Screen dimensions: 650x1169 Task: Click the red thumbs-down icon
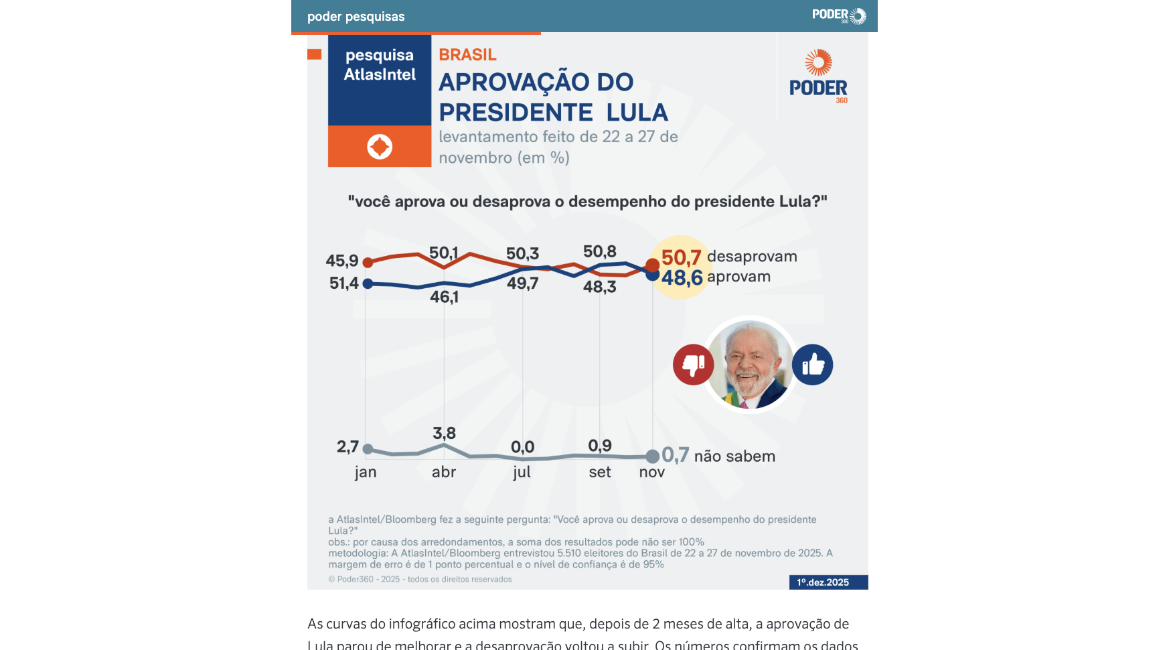point(693,365)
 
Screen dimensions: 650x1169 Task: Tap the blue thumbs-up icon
point(812,365)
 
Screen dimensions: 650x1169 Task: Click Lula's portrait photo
point(751,365)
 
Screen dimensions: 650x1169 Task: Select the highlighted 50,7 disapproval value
point(681,257)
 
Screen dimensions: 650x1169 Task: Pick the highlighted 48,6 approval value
point(682,277)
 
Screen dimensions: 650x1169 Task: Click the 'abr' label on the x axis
point(444,472)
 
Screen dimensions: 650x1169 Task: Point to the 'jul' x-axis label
point(522,472)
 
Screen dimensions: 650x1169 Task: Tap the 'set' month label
point(600,472)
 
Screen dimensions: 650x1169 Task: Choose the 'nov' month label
point(652,472)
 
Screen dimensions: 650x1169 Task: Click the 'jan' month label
point(366,472)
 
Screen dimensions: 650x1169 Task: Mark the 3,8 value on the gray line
point(444,433)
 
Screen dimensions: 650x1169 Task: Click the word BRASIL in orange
point(467,54)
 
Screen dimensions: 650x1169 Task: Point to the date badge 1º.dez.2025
point(828,582)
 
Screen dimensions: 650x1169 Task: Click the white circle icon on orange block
point(380,146)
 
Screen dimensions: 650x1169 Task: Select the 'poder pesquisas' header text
point(356,17)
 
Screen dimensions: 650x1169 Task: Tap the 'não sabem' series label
point(734,456)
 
